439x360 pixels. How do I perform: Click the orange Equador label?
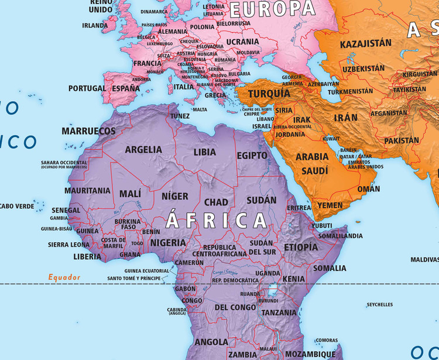64,277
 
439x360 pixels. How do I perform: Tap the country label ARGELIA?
143,149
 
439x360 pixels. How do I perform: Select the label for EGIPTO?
252,155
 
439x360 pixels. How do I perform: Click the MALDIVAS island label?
424,259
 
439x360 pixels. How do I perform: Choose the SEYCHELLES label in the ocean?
380,304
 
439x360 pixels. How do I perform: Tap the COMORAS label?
327,340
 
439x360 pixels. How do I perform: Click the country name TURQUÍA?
269,94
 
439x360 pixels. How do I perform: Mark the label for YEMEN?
330,205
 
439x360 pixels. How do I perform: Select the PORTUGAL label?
87,88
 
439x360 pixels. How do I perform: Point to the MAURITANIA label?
87,190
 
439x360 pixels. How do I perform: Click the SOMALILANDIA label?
340,235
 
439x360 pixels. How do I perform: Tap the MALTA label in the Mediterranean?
200,109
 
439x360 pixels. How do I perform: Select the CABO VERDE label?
17,206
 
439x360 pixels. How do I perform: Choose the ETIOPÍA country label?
301,247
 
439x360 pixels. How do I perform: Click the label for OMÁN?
368,188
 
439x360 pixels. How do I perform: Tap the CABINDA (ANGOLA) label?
176,311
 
